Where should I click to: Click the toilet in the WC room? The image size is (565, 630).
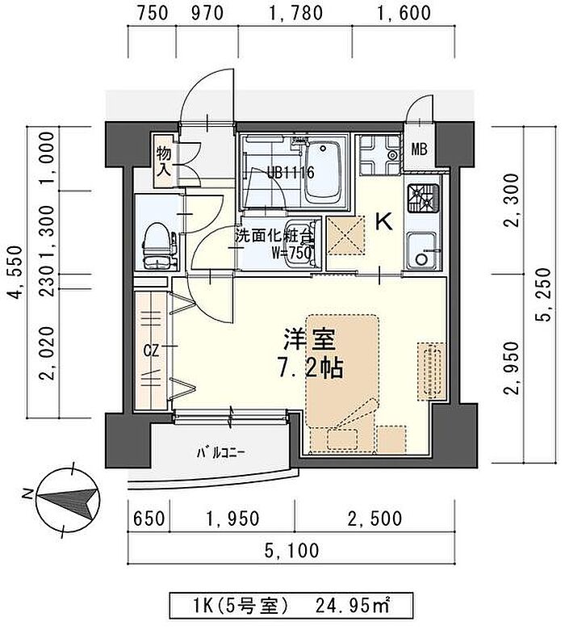pyautogui.click(x=160, y=246)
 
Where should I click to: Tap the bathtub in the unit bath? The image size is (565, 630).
pyautogui.click(x=323, y=173)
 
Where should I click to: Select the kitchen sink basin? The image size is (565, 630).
pyautogui.click(x=422, y=250)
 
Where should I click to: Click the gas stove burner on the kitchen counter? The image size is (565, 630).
pyautogui.click(x=423, y=198)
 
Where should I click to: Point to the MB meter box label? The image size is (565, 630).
pyautogui.click(x=419, y=149)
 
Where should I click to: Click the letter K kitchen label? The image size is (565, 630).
pyautogui.click(x=383, y=222)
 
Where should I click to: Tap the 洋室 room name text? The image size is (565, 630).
pyautogui.click(x=309, y=339)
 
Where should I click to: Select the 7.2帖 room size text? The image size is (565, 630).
pyautogui.click(x=311, y=367)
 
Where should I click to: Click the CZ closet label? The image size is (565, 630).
pyautogui.click(x=152, y=351)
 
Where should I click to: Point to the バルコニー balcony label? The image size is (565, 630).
pyautogui.click(x=220, y=454)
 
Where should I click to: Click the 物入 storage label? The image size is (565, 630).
pyautogui.click(x=164, y=161)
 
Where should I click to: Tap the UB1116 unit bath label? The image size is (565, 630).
pyautogui.click(x=291, y=173)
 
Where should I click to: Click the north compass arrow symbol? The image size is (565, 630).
pyautogui.click(x=68, y=499)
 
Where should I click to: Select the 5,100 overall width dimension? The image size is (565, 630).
pyautogui.click(x=292, y=550)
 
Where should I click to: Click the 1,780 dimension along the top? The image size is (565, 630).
pyautogui.click(x=295, y=12)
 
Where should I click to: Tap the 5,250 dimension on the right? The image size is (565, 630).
pyautogui.click(x=543, y=294)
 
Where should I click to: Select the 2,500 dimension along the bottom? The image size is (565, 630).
pyautogui.click(x=375, y=519)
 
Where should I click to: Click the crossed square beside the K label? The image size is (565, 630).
pyautogui.click(x=345, y=235)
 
